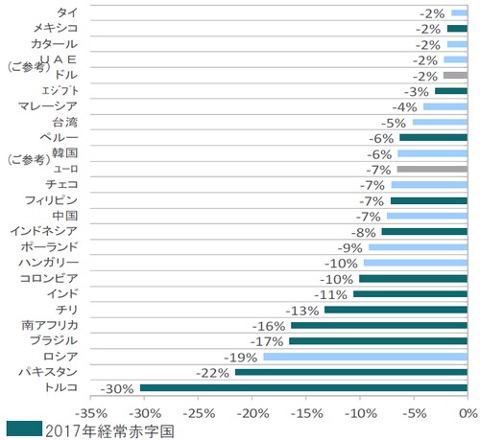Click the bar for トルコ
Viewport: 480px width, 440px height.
tap(303, 387)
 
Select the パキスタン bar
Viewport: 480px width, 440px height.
tap(350, 372)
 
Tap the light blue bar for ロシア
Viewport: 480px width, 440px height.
tap(365, 357)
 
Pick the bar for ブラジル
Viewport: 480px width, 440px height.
tap(377, 341)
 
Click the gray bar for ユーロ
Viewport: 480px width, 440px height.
tap(432, 169)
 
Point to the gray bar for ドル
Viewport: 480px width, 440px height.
tap(455, 75)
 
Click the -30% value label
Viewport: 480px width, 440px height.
tap(118, 388)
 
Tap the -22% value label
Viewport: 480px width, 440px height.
tap(212, 372)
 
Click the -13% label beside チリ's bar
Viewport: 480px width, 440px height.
tap(302, 310)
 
